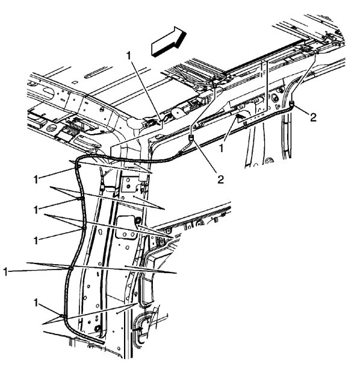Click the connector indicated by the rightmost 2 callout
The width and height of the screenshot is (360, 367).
[x=291, y=106]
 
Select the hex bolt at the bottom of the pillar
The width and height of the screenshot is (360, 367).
[x=97, y=328]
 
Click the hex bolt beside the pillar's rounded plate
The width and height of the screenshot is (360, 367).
[x=138, y=221]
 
